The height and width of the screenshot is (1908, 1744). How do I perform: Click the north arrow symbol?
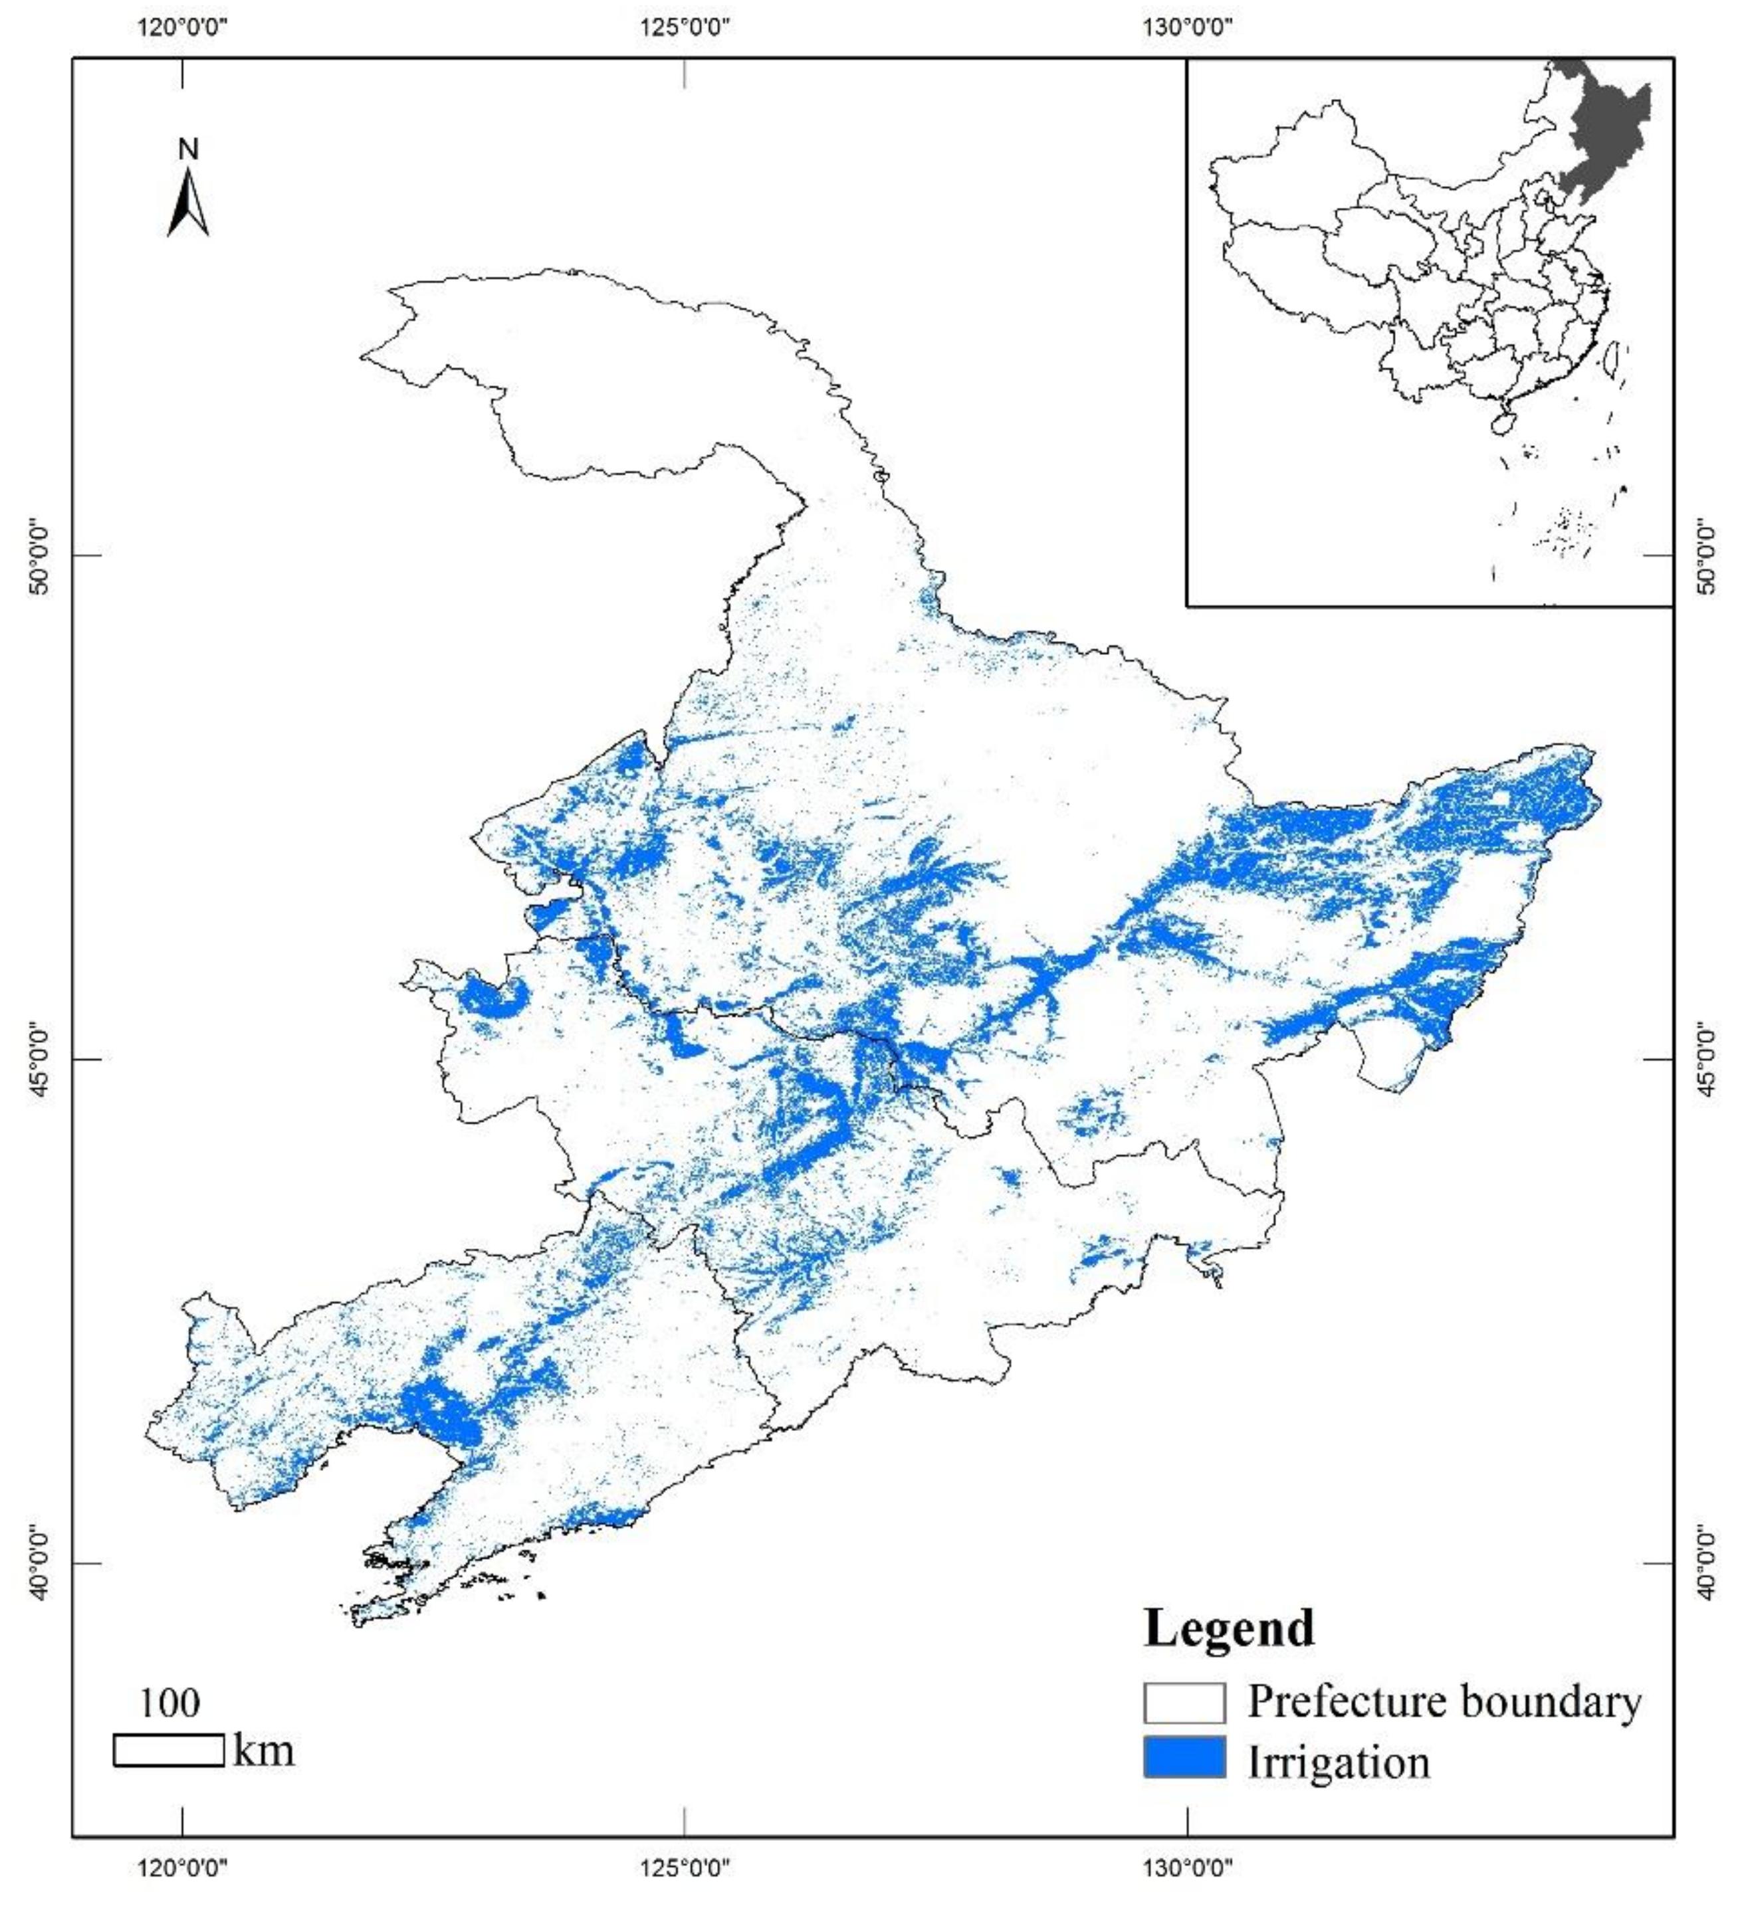[x=188, y=203]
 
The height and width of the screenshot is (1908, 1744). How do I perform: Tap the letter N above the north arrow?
[x=188, y=149]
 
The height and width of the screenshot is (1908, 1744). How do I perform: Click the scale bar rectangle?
[x=169, y=1750]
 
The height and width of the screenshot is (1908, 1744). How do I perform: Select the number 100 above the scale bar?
[x=169, y=1703]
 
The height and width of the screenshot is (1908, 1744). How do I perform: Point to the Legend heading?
[x=1229, y=1629]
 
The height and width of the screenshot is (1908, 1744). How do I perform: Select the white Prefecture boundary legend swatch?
[x=1184, y=1703]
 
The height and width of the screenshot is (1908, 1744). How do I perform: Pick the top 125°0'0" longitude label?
[x=685, y=27]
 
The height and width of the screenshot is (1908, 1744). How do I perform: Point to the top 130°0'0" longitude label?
[x=1187, y=27]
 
